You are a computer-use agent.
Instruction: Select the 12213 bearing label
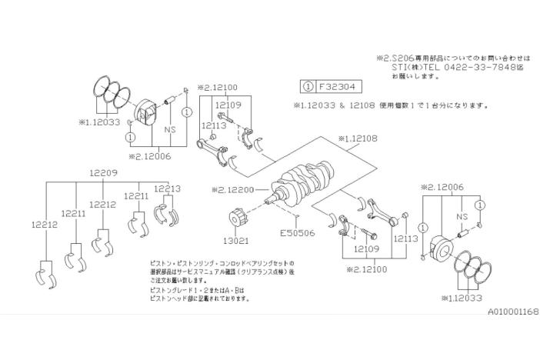click(167, 188)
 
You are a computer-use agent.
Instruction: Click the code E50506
click(296, 233)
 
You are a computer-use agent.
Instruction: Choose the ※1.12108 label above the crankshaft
click(357, 139)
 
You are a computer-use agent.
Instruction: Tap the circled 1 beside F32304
click(308, 86)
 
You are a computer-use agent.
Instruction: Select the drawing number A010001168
click(512, 312)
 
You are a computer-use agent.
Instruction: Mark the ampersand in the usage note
click(341, 105)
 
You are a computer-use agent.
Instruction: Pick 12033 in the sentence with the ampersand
click(324, 105)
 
